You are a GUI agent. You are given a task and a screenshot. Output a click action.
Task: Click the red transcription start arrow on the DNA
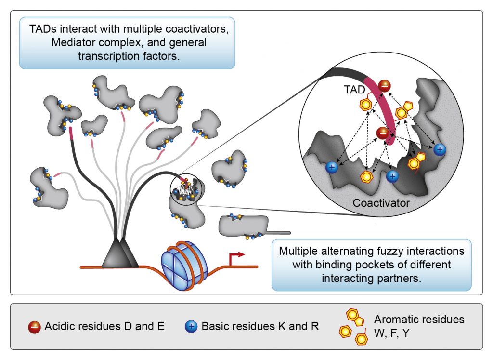[x=237, y=258]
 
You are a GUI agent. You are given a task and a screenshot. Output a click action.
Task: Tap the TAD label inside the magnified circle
[x=354, y=90]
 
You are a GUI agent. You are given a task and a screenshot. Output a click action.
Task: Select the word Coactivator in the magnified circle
[x=381, y=203]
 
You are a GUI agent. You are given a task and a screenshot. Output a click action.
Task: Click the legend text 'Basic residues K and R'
[x=260, y=326]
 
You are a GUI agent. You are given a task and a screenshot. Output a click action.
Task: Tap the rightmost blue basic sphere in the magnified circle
[x=439, y=150]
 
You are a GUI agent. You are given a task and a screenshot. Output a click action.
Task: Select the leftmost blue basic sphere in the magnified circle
[x=332, y=167]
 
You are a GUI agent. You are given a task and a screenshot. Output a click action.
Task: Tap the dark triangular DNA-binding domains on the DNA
[x=120, y=254]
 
